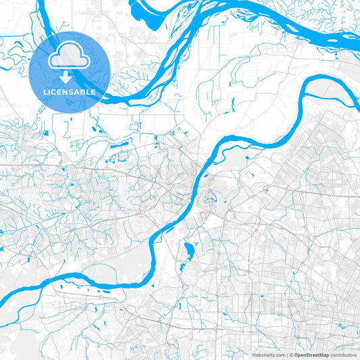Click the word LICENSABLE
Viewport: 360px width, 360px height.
click(70, 91)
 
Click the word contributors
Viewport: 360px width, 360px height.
click(343, 354)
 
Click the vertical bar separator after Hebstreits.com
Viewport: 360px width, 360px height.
click(287, 354)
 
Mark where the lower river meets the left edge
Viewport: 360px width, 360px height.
click(1, 297)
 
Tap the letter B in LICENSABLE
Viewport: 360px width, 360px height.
click(82, 91)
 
